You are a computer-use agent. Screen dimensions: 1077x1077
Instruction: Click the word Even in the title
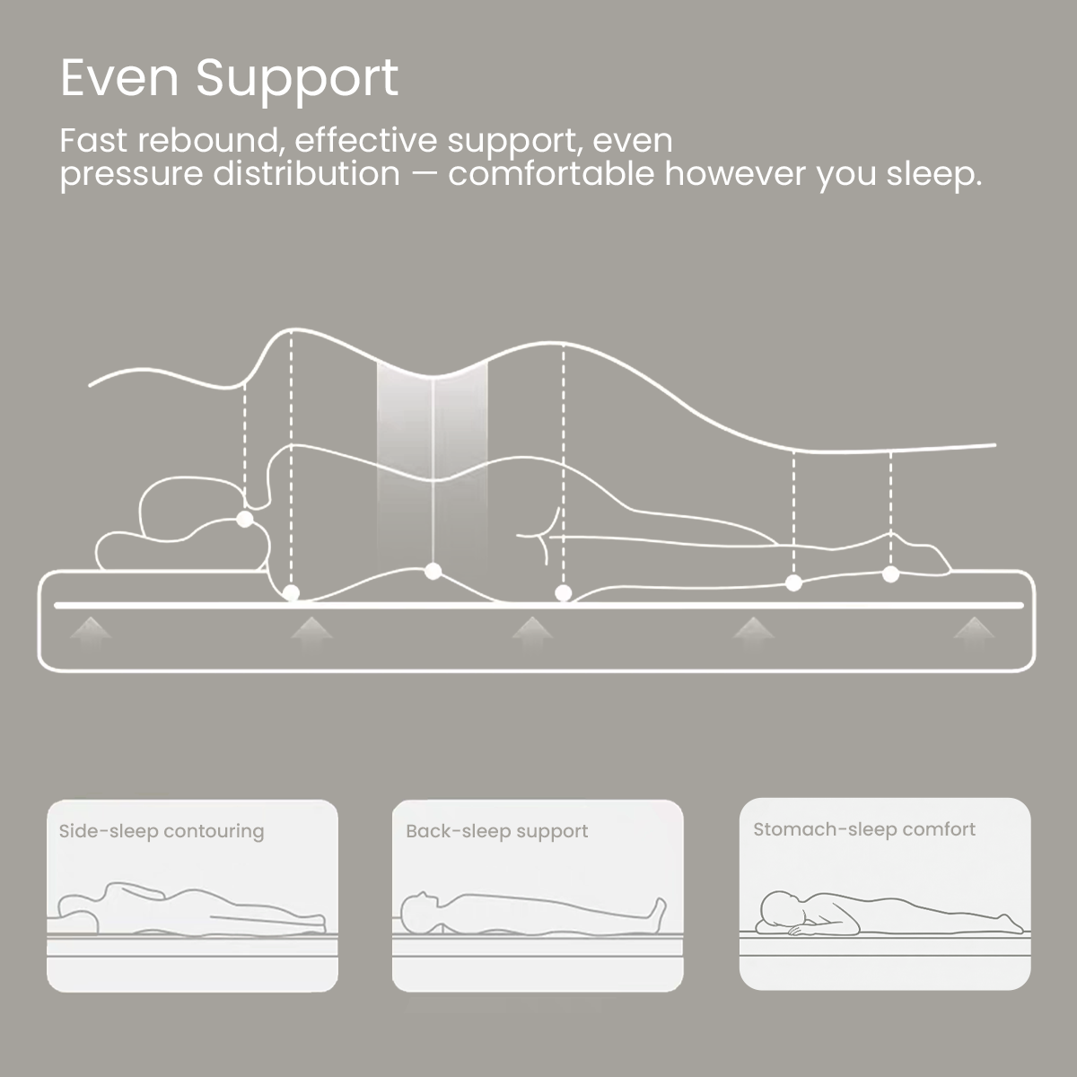120,78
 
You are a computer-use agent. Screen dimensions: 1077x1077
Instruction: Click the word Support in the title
297,81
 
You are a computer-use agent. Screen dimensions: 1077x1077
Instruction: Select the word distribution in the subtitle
306,174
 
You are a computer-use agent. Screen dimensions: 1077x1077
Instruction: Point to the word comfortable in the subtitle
551,174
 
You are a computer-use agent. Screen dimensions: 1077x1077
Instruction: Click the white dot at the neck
244,519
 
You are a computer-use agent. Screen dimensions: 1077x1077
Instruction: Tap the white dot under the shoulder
291,592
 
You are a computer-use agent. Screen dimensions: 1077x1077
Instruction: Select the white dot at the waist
433,570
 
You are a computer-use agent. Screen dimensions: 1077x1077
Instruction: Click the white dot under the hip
564,592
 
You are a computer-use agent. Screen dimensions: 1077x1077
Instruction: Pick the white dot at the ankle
890,573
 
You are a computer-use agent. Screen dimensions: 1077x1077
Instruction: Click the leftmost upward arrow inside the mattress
90,627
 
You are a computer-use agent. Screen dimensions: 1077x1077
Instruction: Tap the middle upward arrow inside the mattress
532,627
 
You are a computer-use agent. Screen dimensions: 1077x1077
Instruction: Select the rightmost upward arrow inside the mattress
973,627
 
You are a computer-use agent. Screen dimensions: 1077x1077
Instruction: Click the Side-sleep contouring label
162,831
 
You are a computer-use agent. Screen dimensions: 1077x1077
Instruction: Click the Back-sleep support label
496,831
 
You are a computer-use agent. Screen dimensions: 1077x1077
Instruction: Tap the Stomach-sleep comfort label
863,829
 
